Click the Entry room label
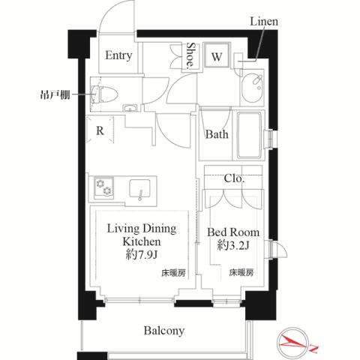click(118, 55)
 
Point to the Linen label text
click(263, 22)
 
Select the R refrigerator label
click(100, 130)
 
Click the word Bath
click(217, 136)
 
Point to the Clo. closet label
click(234, 178)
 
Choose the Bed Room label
click(233, 232)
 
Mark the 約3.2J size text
click(233, 245)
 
